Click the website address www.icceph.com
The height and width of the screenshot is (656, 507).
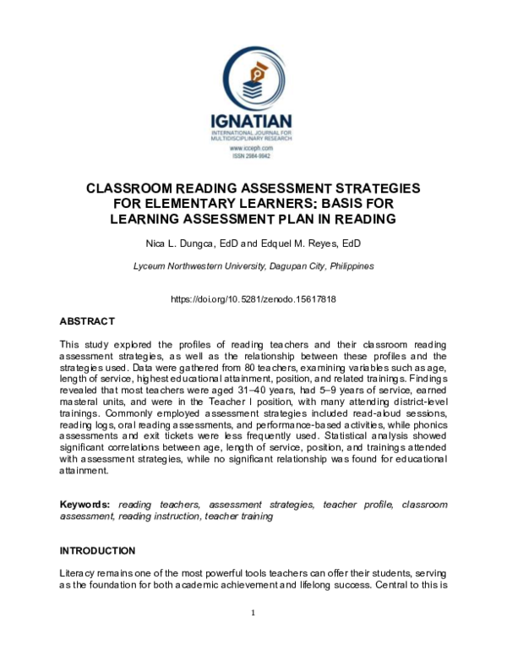(253, 149)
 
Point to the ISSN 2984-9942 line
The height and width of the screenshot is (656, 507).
(253, 156)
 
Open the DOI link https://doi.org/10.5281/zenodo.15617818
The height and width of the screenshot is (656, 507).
(253, 299)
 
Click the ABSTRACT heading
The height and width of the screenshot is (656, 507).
(86, 321)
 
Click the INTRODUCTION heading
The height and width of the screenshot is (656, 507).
(97, 550)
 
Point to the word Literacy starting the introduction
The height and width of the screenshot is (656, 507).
(77, 573)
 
